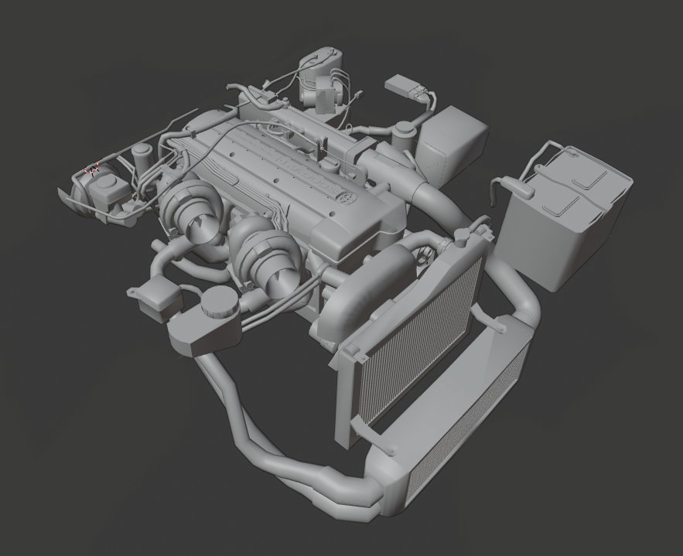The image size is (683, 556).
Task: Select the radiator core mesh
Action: tap(418, 340)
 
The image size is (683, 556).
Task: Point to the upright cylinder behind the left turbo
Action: tap(142, 160)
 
